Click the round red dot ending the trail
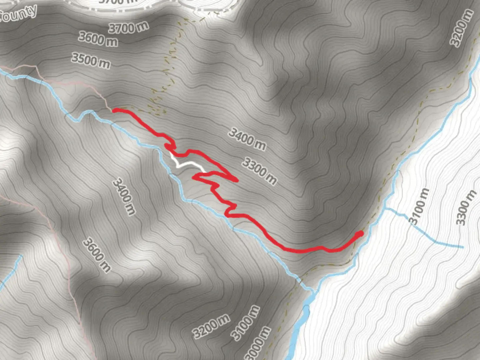(x=359, y=234)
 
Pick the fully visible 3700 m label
(x=128, y=27)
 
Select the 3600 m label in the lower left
(x=97, y=255)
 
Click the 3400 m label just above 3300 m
(x=247, y=139)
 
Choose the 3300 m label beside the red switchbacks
(x=259, y=171)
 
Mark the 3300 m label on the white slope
(x=466, y=207)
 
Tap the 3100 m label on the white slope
(x=419, y=206)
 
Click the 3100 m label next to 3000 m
(x=246, y=323)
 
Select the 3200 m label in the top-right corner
(x=461, y=28)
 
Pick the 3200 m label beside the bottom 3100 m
(x=211, y=326)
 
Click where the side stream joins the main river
(x=386, y=209)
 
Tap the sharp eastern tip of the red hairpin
(x=237, y=180)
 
